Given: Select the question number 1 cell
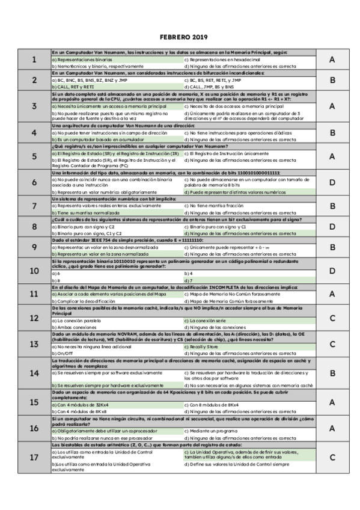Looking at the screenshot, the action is [x=34, y=60].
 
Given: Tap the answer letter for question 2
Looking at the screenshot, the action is [x=332, y=79].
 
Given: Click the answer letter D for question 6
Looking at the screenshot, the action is [x=332, y=182].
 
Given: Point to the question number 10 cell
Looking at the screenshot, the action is [x=34, y=271].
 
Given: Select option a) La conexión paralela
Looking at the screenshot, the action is [x=79, y=321].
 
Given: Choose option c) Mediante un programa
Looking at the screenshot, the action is [x=211, y=431].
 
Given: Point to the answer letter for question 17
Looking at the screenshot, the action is [x=332, y=457].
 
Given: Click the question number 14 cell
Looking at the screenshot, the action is [x=34, y=373].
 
